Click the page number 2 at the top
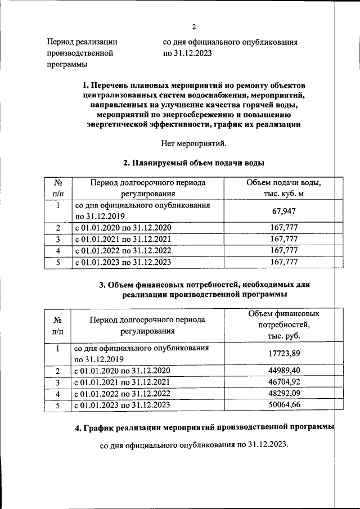(x=193, y=27)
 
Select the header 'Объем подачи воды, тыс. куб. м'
(x=283, y=188)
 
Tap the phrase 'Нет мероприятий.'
(x=193, y=143)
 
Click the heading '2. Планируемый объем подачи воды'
(x=193, y=163)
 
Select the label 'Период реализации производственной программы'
(x=82, y=53)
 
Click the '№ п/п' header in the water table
(x=57, y=188)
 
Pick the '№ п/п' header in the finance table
(x=57, y=325)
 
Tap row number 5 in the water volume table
(x=57, y=262)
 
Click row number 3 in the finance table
(x=57, y=382)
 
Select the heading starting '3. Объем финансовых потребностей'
(x=204, y=290)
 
